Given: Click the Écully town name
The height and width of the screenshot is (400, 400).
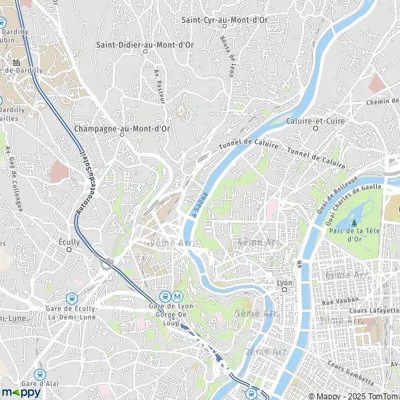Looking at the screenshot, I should [x=69, y=243].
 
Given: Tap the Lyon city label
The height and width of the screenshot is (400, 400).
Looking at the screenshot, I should [x=285, y=283].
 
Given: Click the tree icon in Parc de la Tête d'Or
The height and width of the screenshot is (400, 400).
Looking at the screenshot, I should [x=354, y=222].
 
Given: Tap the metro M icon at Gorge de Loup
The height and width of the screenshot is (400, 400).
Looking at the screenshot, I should [x=177, y=296].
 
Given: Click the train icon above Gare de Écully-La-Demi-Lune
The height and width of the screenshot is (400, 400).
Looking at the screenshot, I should [x=71, y=299].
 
